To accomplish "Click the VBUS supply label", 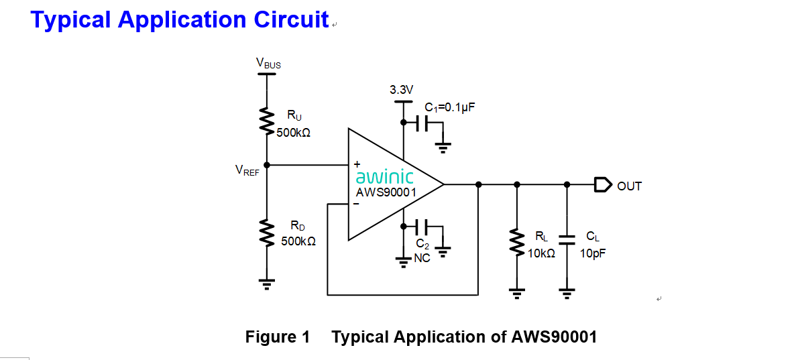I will pyautogui.click(x=268, y=64).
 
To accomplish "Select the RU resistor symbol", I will pyautogui.click(x=267, y=121).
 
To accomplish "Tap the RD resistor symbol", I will pyautogui.click(x=267, y=232).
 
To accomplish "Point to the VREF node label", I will pyautogui.click(x=247, y=170).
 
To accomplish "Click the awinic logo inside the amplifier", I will pyautogui.click(x=384, y=178).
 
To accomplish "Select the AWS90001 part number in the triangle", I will pyautogui.click(x=386, y=192).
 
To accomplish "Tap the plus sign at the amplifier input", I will pyautogui.click(x=357, y=163).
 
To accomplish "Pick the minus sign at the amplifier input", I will pyautogui.click(x=357, y=204).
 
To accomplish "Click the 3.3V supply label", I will pyautogui.click(x=402, y=90).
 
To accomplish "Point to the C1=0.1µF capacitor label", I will pyautogui.click(x=450, y=107).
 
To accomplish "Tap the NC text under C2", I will pyautogui.click(x=422, y=257).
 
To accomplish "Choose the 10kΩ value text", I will pyautogui.click(x=541, y=254).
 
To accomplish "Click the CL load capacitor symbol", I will pyautogui.click(x=567, y=239).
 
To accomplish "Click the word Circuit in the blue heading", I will pyautogui.click(x=291, y=19).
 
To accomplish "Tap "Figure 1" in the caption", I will pyautogui.click(x=278, y=337).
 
